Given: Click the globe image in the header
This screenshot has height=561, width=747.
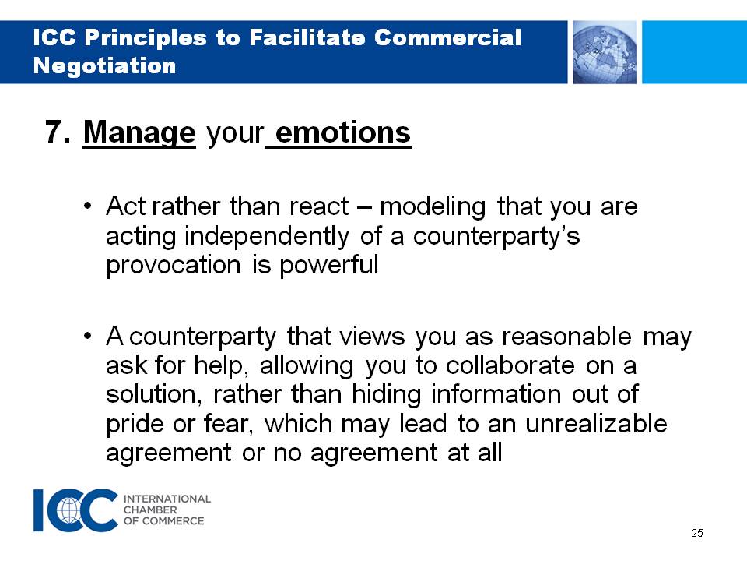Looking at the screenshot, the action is (605, 52).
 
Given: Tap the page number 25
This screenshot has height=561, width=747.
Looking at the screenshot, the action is (697, 533).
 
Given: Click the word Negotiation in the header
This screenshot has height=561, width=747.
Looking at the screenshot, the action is (105, 65).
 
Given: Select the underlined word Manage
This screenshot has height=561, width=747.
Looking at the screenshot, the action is (139, 132).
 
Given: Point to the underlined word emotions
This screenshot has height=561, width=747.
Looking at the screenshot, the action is (343, 132).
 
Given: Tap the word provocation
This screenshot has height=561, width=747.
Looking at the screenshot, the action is (174, 265).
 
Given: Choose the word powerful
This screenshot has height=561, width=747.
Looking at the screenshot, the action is (328, 265).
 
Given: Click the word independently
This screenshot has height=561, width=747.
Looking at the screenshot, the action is (267, 236).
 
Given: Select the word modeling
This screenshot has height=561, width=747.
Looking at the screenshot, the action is (433, 207).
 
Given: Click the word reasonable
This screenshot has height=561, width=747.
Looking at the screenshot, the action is (566, 337).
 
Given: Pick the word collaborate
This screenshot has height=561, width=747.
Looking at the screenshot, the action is (510, 365).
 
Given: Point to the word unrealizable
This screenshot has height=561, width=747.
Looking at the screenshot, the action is (596, 424).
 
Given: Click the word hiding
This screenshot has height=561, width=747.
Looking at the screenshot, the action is (387, 395).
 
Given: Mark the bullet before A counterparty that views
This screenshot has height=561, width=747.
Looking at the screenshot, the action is (87, 337).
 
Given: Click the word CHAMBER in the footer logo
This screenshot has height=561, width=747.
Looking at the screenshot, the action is (150, 510).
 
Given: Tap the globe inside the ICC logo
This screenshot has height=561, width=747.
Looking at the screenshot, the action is (69, 510).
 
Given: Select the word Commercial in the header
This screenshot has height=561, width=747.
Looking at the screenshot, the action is (448, 37).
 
